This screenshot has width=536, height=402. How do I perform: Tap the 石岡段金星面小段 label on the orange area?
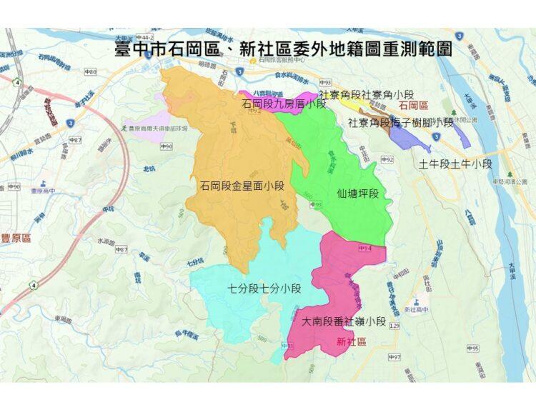pos(242,186)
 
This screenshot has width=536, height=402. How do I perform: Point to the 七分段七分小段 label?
pos(264,289)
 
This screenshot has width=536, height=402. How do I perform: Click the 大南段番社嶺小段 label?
pos(344,322)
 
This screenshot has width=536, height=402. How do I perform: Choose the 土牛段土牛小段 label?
pos(456,164)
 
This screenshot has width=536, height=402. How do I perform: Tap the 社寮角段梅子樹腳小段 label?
pos(401,122)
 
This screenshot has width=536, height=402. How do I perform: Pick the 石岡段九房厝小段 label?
pos(284,104)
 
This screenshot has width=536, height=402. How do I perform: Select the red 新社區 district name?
pos(352,342)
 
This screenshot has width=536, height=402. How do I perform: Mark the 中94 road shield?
pos(366,247)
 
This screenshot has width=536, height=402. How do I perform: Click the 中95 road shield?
pos(472,348)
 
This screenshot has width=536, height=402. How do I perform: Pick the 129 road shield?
pos(394,326)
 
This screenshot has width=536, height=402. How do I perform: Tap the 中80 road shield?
pos(91,72)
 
